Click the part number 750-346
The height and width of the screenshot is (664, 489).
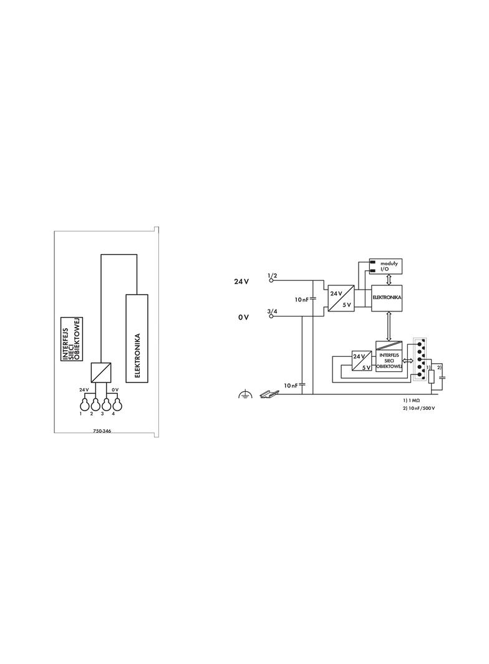click(x=102, y=432)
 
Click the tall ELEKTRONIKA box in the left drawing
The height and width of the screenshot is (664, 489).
click(x=137, y=338)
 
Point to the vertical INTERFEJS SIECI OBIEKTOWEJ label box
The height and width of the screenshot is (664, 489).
click(x=72, y=339)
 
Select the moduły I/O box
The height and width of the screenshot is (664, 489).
click(x=386, y=266)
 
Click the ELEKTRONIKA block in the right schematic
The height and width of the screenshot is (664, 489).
click(x=386, y=298)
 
